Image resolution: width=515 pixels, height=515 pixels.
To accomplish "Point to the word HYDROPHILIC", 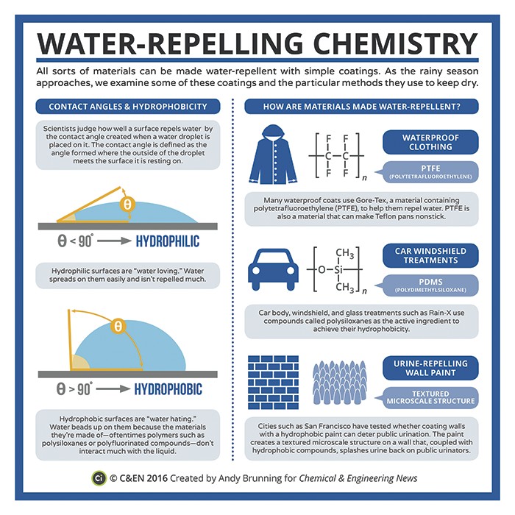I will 168,241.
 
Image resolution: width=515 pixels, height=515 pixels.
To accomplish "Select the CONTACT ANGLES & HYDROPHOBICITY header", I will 127,107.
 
